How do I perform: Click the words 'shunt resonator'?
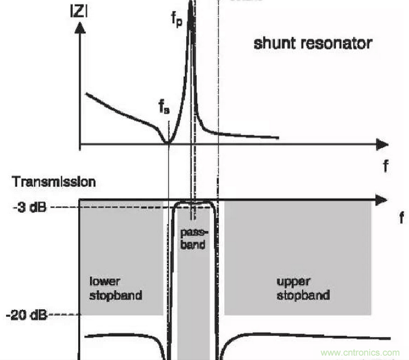[312, 43]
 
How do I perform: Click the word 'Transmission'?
[54, 182]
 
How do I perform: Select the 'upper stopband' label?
[303, 287]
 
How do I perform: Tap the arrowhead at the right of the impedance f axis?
[382, 144]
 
